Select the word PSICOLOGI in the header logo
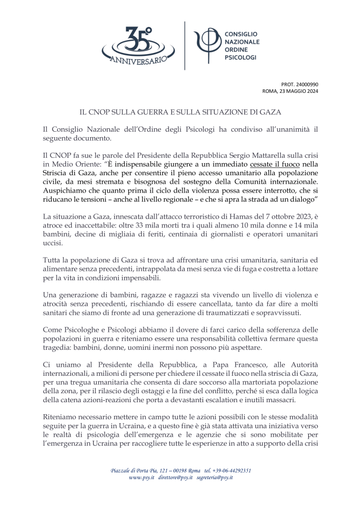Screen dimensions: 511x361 coord(240,58)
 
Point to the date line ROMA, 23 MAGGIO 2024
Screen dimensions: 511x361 coord(290,91)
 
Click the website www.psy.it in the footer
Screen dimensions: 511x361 coord(142,478)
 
